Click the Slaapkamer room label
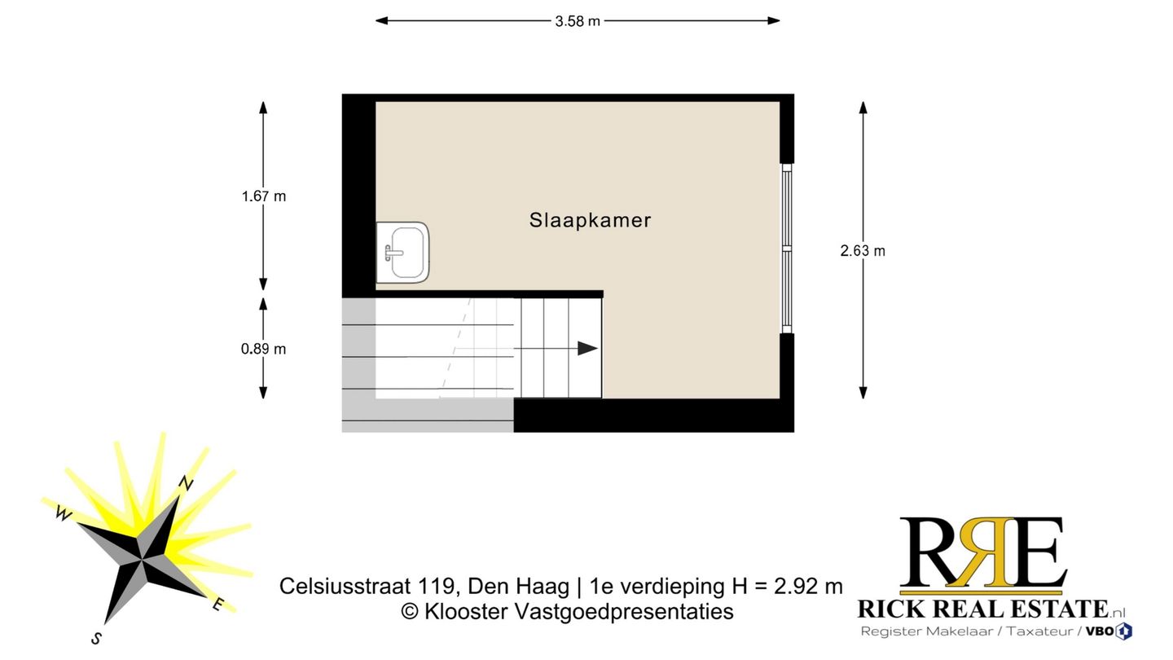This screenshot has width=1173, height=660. pos(590,220)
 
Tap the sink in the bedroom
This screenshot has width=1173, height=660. pos(403,253)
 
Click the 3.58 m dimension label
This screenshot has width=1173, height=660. pos(578,22)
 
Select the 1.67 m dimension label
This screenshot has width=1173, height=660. pos(264,196)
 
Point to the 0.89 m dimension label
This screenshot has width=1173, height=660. pos(264,349)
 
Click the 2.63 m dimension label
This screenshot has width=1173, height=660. pos(863,251)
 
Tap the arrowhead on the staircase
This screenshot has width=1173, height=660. pos(587,349)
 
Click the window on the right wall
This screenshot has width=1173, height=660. pos(786,249)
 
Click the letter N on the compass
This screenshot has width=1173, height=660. pos(187,483)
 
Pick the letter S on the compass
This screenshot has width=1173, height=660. pos(96,639)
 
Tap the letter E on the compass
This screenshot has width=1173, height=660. pos(217,604)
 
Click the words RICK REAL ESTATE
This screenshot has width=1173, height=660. pos(982,609)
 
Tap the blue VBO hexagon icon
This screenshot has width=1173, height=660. pos(1124,631)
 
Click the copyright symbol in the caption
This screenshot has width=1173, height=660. pos(410,612)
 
